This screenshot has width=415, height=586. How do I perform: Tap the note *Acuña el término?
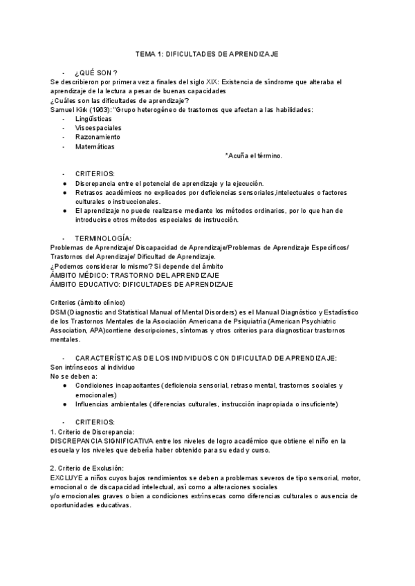click(x=254, y=155)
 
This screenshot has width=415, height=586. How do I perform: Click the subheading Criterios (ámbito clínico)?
click(x=88, y=302)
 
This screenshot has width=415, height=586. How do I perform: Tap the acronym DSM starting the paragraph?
click(x=59, y=312)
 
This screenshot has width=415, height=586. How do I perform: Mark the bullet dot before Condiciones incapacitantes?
click(x=64, y=385)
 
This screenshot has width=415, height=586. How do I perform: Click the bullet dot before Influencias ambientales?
click(x=64, y=404)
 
